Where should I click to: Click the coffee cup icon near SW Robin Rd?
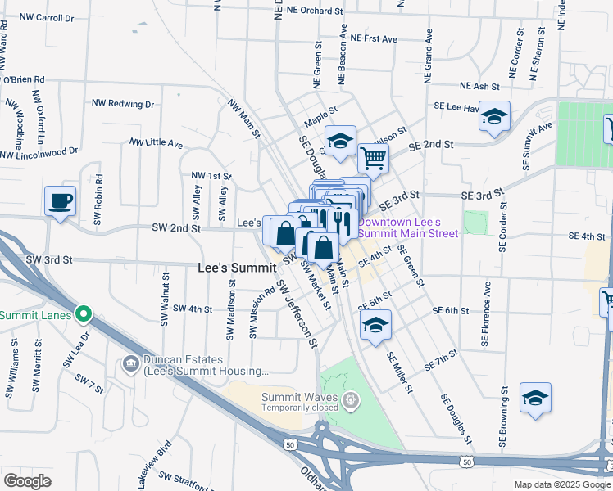tap(61, 200)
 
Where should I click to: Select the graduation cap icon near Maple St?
tap(340, 142)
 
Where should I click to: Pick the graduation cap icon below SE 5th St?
tap(375, 327)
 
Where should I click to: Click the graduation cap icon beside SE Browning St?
tap(535, 398)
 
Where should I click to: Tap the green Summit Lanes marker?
tap(83, 313)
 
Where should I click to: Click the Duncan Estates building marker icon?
tap(129, 363)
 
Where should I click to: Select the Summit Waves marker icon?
tap(351, 400)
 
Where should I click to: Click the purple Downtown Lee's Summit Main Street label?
tap(400, 227)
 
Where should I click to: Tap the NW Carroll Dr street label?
tap(47, 16)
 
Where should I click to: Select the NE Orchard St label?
tap(307, 11)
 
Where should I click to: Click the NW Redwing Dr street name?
tap(123, 104)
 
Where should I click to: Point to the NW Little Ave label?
tap(156, 142)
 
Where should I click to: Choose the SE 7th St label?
tap(440, 361)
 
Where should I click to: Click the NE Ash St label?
tap(479, 86)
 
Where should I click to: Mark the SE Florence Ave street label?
tap(487, 312)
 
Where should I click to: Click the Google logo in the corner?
tap(27, 480)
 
